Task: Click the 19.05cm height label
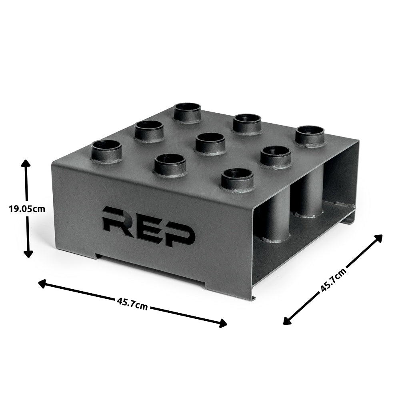[x=27, y=208]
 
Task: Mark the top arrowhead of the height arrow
[x=26, y=162]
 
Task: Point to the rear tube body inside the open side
[x=307, y=196]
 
